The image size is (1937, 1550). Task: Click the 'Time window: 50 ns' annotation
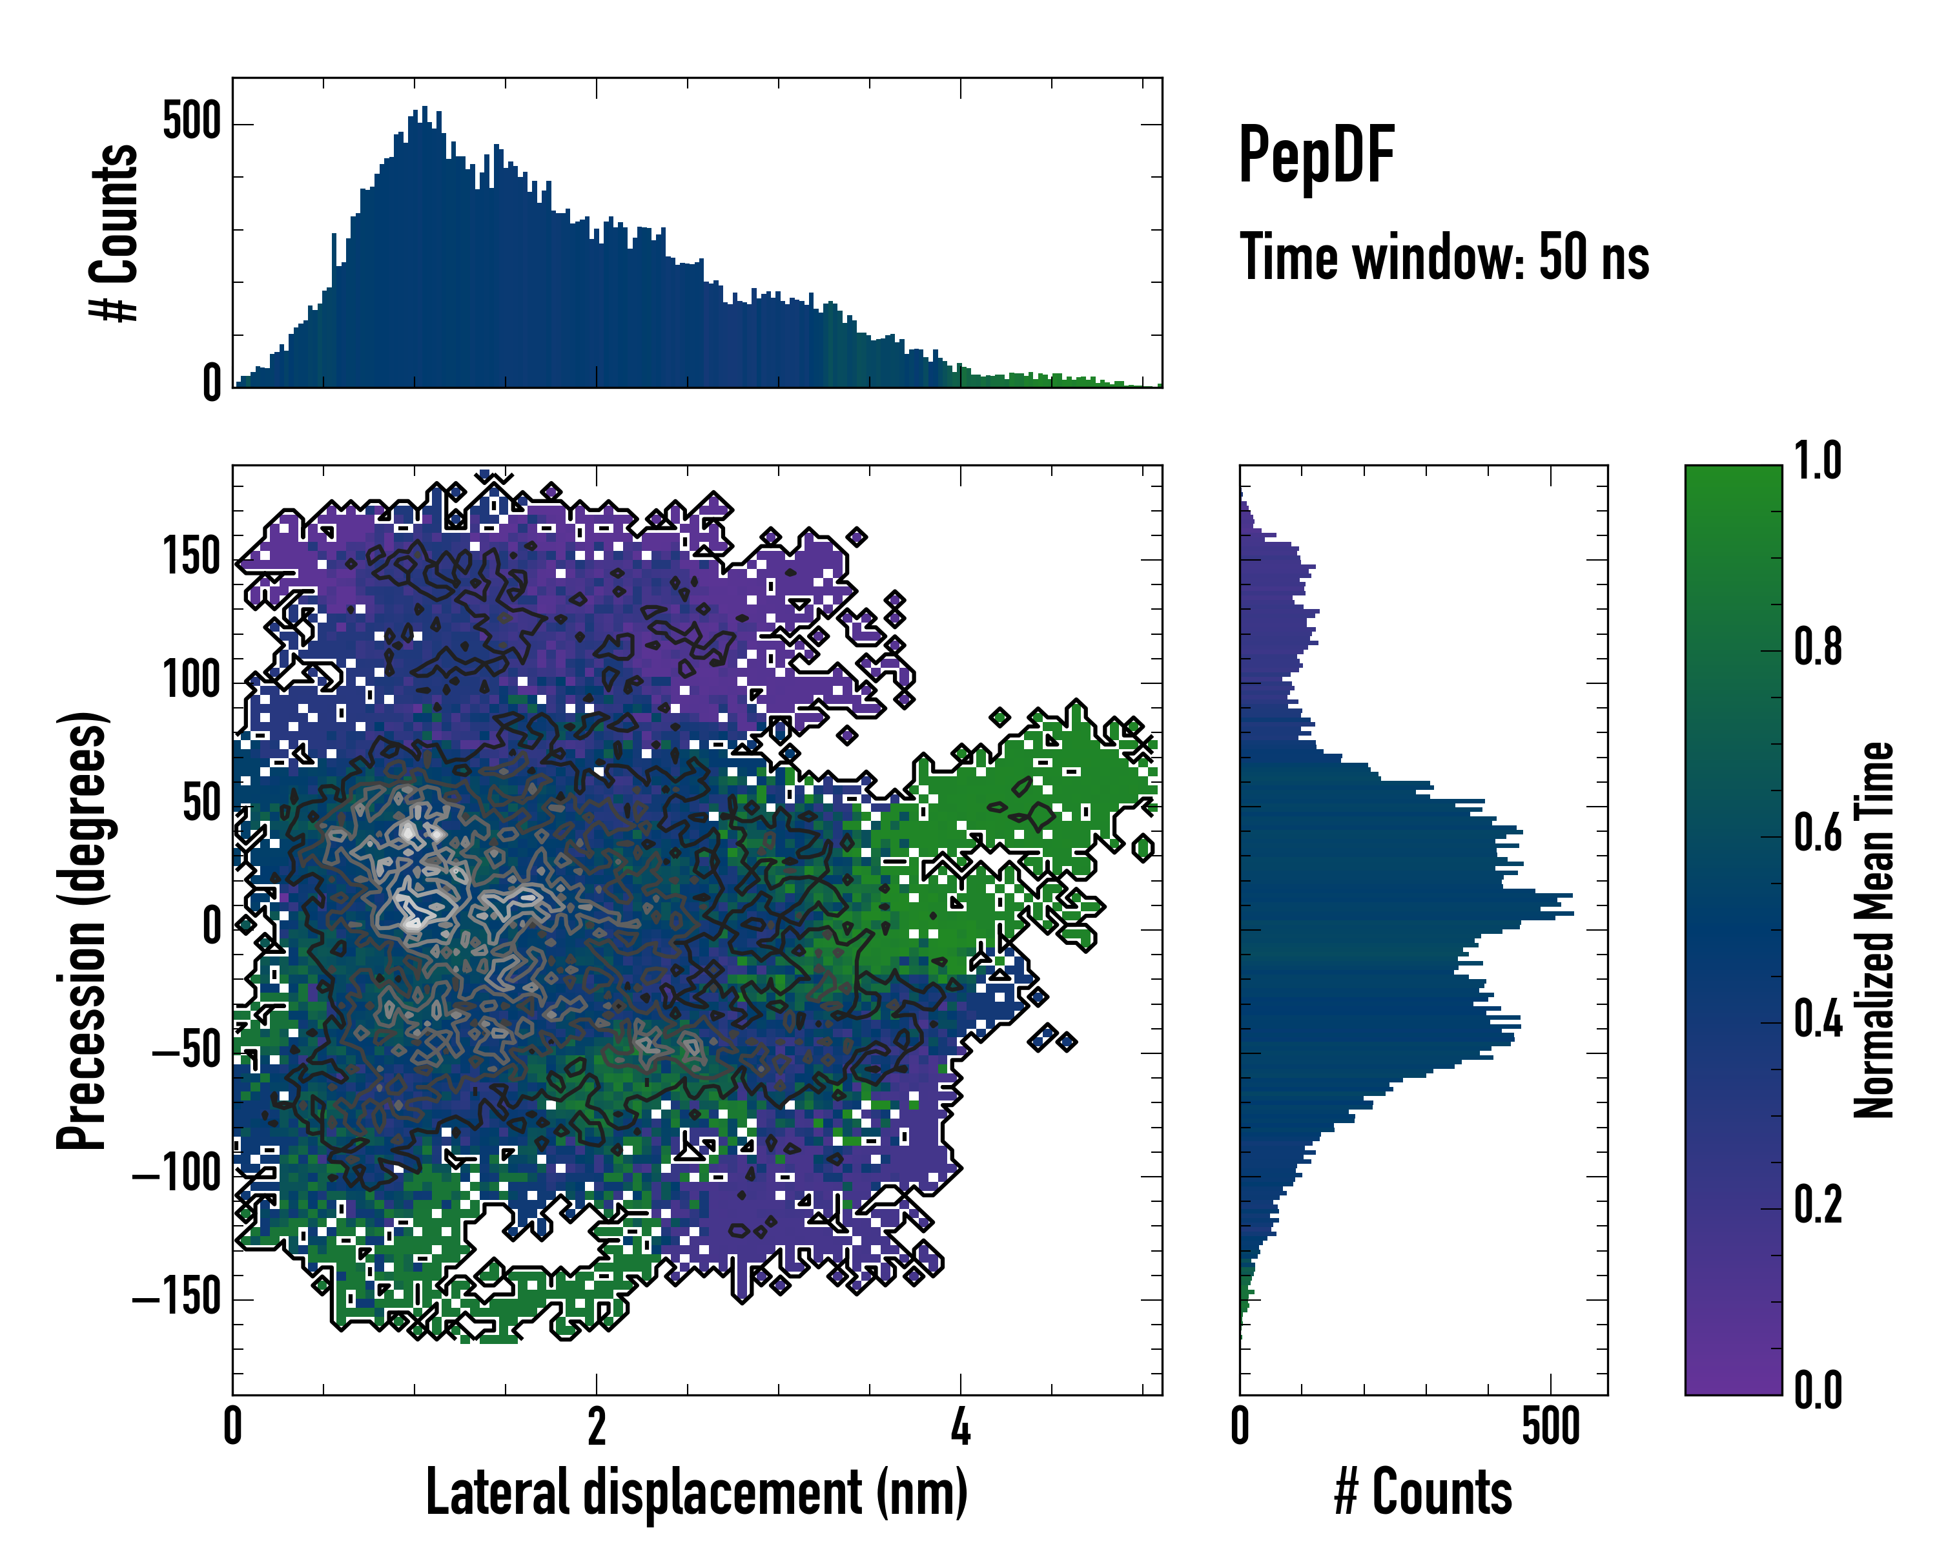pyautogui.click(x=1444, y=258)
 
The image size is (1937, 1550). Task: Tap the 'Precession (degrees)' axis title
pyautogui.click(x=83, y=930)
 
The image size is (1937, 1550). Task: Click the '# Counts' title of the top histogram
pyautogui.click(x=114, y=232)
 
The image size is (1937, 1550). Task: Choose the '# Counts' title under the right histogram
pyautogui.click(x=1423, y=1493)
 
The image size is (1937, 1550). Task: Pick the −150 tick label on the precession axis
pyautogui.click(x=176, y=1297)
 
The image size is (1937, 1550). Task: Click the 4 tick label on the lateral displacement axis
pyautogui.click(x=960, y=1428)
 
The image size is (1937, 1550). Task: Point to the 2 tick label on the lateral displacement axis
pyautogui.click(x=597, y=1428)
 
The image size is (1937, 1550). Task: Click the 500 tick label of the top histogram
pyautogui.click(x=191, y=121)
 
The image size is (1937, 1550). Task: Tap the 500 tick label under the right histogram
pyautogui.click(x=1551, y=1428)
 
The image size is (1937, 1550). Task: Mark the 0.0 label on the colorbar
pyautogui.click(x=1818, y=1391)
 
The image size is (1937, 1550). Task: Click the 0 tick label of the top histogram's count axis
pyautogui.click(x=211, y=384)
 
